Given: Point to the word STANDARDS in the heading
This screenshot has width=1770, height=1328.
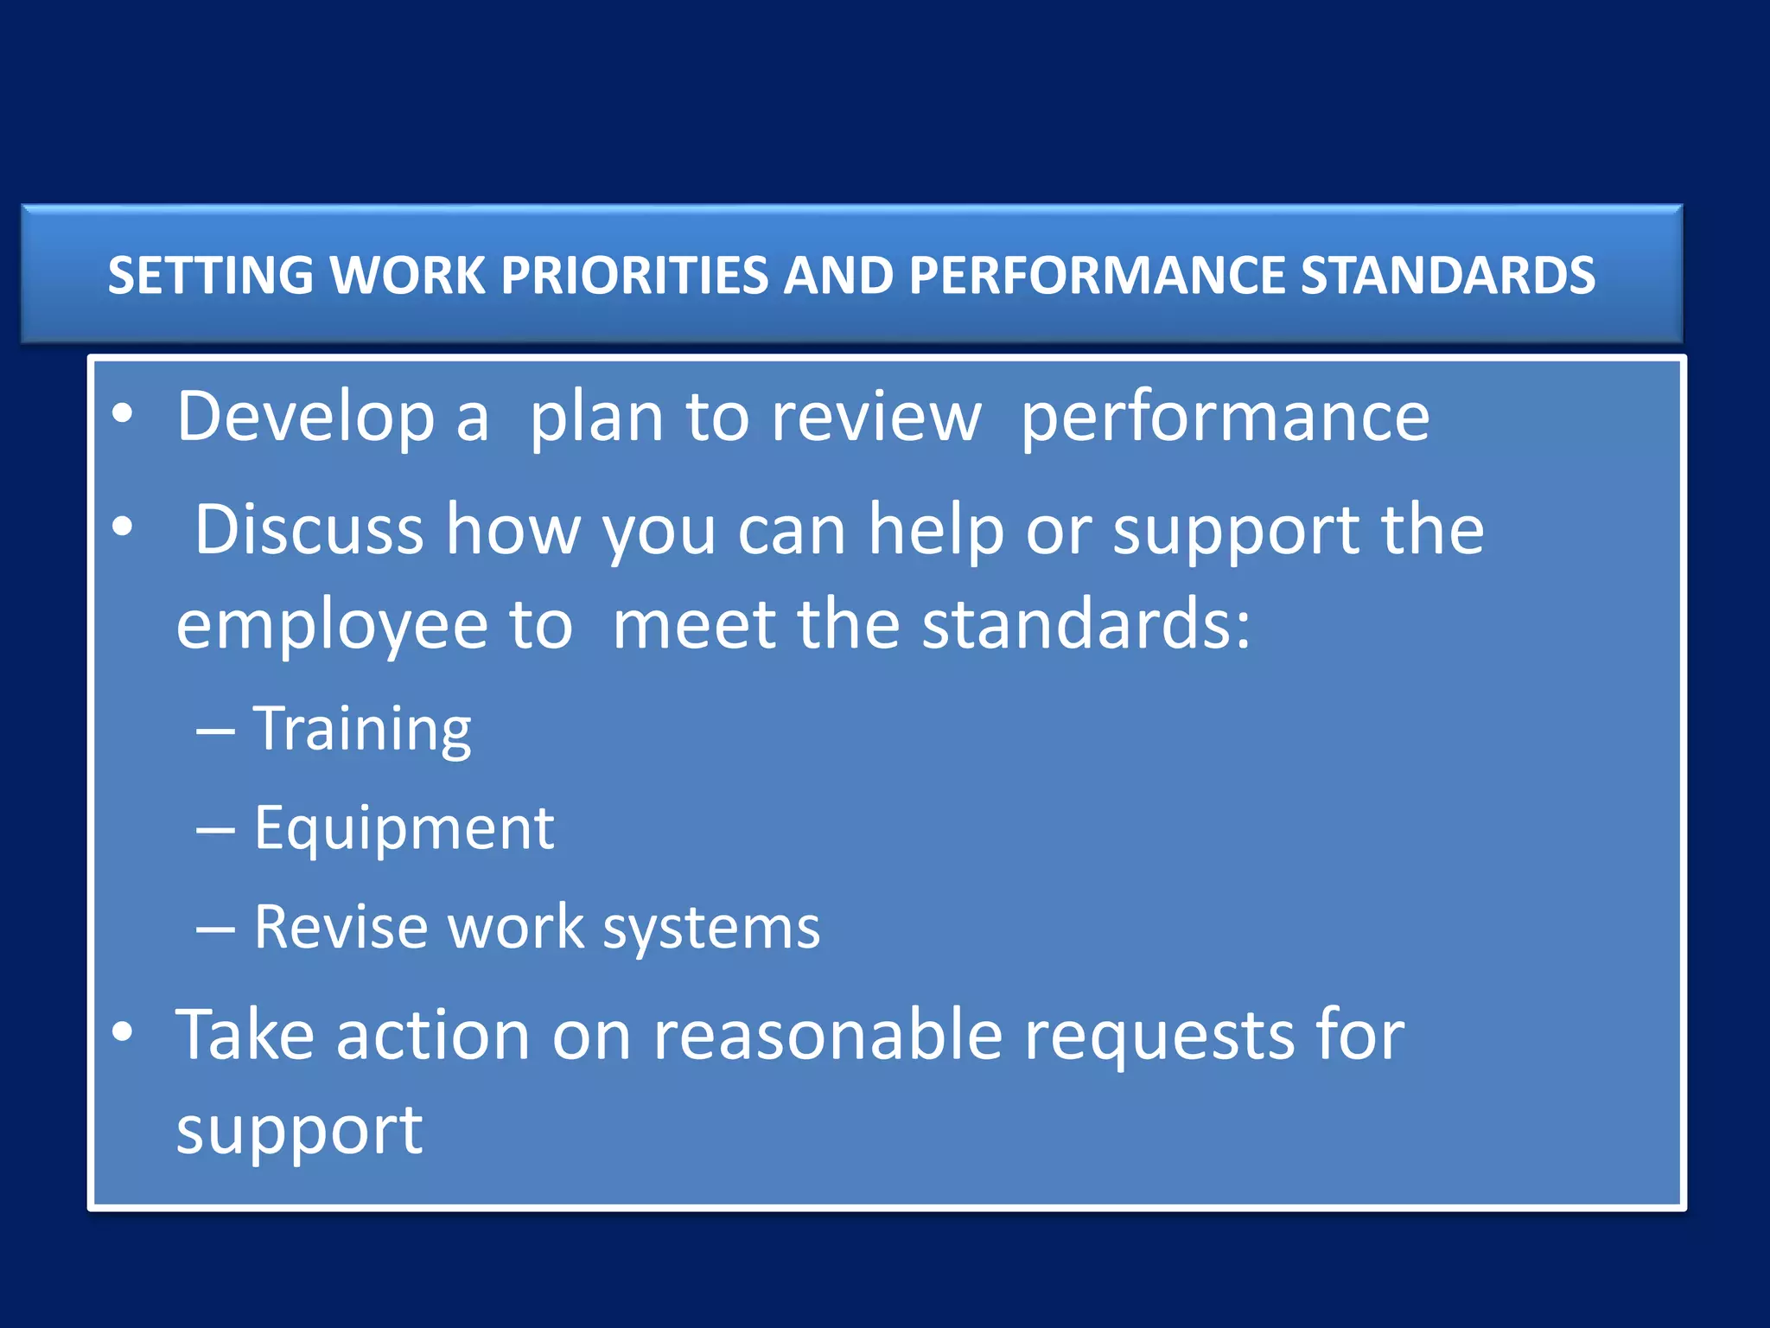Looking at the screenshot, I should (1448, 276).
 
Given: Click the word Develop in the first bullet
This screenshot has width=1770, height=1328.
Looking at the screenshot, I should (305, 418).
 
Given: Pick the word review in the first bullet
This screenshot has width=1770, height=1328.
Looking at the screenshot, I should (875, 418).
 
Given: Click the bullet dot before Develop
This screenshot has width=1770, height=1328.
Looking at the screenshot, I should (123, 414).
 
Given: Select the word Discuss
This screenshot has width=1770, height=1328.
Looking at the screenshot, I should (309, 529).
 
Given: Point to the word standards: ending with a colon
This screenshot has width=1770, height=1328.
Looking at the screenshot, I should (1086, 624).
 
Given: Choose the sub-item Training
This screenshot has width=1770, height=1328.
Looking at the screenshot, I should (362, 729).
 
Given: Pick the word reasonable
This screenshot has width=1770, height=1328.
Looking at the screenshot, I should (827, 1035).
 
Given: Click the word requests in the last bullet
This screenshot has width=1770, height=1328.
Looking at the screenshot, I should (1159, 1037).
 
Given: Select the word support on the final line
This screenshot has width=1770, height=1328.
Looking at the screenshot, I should (299, 1131).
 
